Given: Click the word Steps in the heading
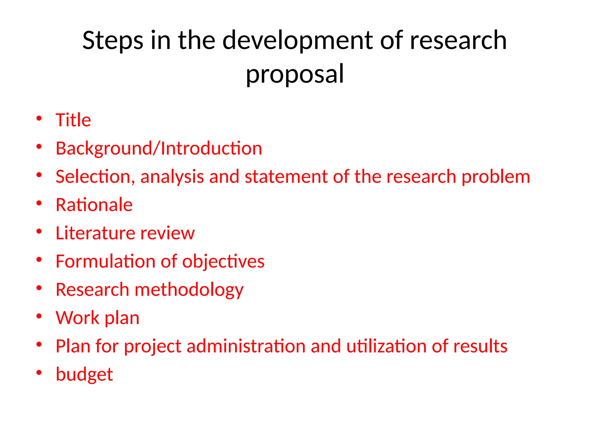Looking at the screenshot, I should (113, 41).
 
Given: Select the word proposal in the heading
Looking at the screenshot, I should (295, 74).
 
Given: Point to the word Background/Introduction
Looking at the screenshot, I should (159, 148).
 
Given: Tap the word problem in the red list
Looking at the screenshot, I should (496, 177).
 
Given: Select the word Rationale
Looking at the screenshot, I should (94, 205).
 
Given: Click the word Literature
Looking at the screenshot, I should (94, 233).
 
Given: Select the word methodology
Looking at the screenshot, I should (189, 290).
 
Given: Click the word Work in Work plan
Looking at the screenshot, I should (77, 318).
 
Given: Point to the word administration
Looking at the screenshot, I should (246, 346).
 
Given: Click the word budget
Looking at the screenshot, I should (84, 374).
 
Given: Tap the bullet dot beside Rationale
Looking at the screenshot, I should (39, 203).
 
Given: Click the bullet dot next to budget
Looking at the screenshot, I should (39, 373).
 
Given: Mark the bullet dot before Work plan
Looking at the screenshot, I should (39, 316).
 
